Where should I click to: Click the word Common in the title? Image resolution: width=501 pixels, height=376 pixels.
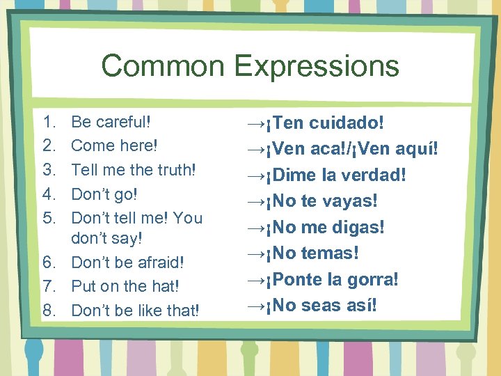(164, 66)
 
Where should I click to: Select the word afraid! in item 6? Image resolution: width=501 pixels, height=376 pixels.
(158, 263)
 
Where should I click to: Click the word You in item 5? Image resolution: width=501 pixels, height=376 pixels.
(188, 218)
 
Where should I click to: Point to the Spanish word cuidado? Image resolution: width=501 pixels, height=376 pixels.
(347, 123)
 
